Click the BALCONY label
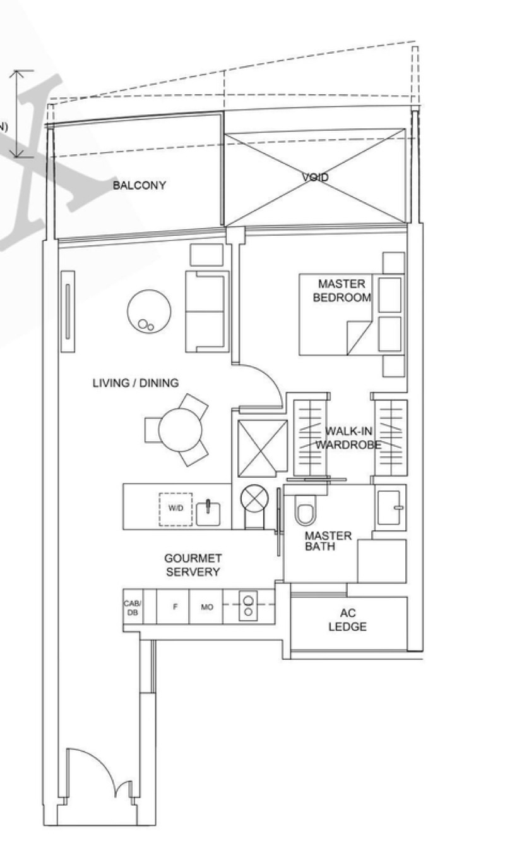140,185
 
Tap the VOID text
315,178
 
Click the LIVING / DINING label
136,383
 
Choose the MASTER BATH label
328,541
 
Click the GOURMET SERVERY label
193,565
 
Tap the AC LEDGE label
347,620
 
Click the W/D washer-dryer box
175,509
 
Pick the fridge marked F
175,607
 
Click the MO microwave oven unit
206,607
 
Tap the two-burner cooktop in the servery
248,606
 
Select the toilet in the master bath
304,513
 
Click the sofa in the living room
206,311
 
